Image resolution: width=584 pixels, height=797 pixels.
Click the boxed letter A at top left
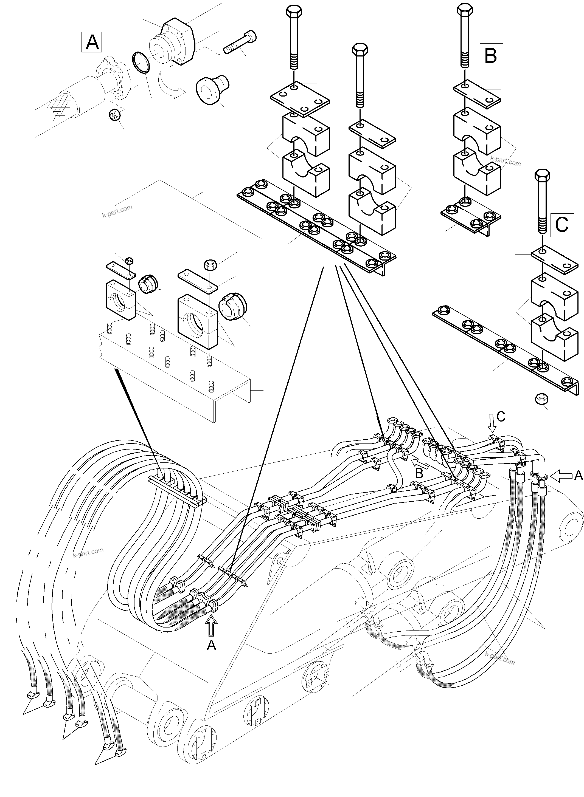92,43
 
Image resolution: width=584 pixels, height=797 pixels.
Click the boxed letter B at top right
491,55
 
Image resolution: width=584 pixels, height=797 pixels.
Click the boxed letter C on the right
562,224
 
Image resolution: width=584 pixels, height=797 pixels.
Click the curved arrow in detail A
171,86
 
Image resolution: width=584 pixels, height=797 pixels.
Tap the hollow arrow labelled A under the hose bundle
211,624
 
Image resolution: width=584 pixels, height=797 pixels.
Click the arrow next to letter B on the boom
421,462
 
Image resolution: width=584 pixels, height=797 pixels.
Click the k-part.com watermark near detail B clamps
506,161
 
